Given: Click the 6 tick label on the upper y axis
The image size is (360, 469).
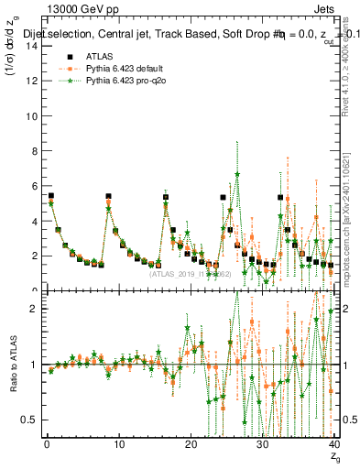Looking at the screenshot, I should (x=32, y=186).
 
